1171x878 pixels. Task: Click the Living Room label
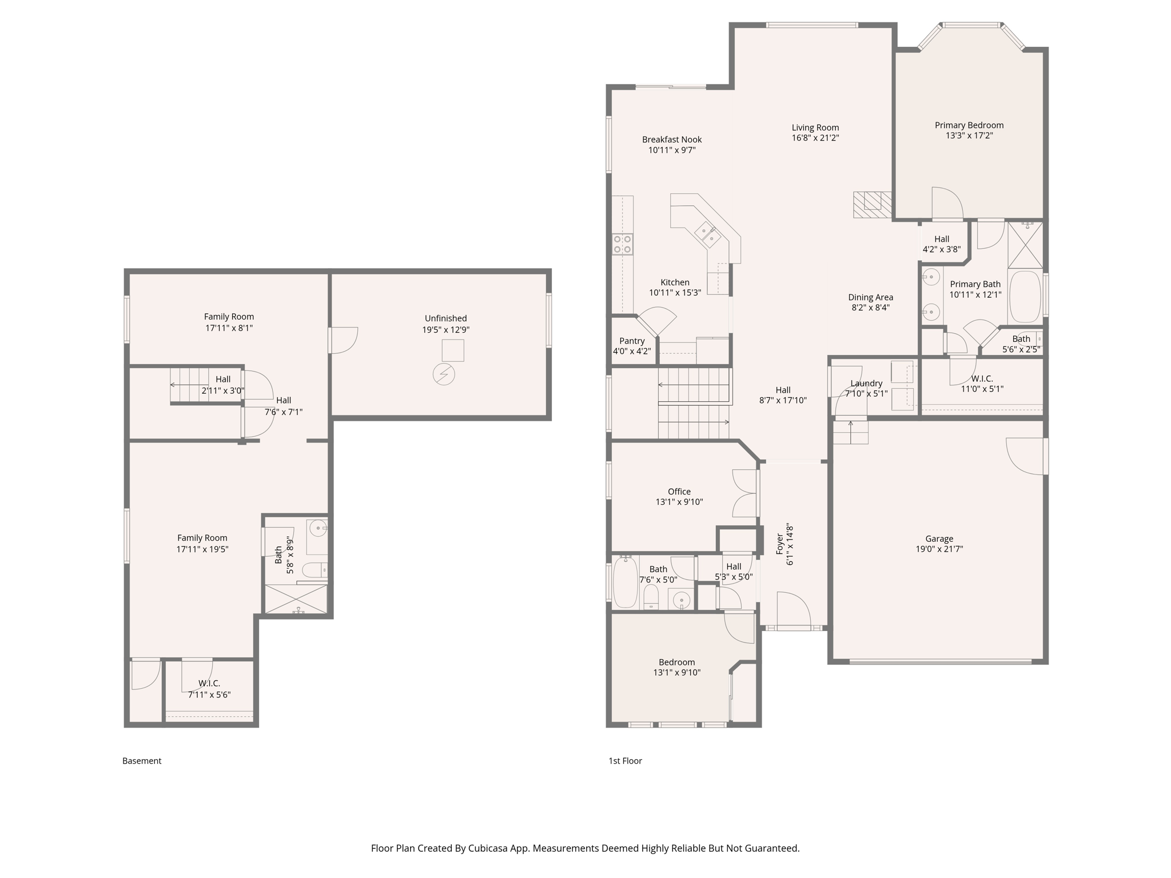click(x=815, y=127)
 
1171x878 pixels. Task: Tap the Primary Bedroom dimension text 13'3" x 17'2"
click(x=969, y=136)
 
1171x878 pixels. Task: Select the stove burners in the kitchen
click(x=622, y=244)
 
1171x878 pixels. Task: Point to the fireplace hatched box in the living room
click(x=872, y=205)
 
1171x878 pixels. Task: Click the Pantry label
click(x=632, y=341)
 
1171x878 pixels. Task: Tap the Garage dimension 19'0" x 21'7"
click(x=939, y=549)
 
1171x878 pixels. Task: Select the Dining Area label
click(x=870, y=297)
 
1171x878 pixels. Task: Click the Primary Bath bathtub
click(x=1025, y=297)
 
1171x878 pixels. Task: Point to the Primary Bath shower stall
click(x=1025, y=245)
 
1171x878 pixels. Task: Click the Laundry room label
click(x=866, y=384)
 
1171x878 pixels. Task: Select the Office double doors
click(x=745, y=493)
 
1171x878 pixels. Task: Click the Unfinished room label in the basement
click(x=445, y=318)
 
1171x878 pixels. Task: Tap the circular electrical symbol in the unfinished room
click(x=444, y=374)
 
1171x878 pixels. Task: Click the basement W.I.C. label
click(x=209, y=683)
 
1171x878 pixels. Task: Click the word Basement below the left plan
click(x=142, y=761)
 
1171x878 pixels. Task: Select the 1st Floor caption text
click(x=625, y=761)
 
